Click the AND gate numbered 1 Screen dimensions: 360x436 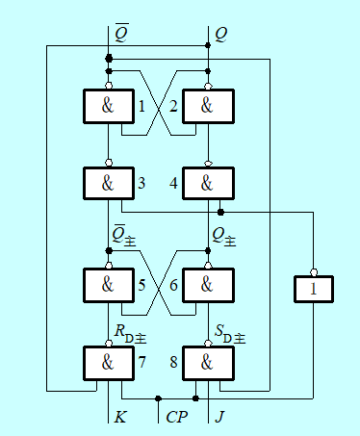[109, 106]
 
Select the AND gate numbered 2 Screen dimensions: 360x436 [208, 106]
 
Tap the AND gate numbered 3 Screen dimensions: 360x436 [109, 184]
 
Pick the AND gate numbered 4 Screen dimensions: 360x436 [208, 184]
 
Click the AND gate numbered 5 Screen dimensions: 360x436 [109, 285]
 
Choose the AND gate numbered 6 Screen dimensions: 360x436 [208, 285]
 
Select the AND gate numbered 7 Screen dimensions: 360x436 [109, 363]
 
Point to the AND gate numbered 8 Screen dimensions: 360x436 [208, 363]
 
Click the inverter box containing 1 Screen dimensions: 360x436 [314, 289]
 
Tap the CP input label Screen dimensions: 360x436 [177, 417]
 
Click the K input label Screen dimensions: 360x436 [120, 417]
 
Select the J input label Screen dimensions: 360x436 [219, 417]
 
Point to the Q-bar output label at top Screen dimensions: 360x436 [122, 33]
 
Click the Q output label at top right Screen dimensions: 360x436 [220, 34]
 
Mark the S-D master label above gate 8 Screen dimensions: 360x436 [230, 334]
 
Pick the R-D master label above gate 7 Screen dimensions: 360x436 [130, 334]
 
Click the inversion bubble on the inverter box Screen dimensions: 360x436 [314, 272]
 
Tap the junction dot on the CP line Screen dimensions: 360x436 [158, 398]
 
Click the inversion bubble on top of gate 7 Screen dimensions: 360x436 [109, 344]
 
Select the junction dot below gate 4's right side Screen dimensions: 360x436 [220, 212]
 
